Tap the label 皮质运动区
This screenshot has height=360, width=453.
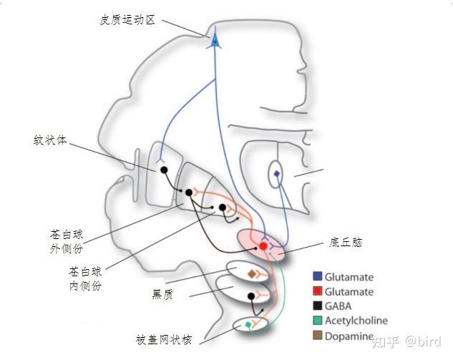point(127,19)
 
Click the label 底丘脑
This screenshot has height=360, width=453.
point(346,243)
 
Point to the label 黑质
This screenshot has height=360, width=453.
point(162,293)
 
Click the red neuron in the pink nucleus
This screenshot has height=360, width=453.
point(263,246)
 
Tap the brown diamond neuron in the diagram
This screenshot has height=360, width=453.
point(251,274)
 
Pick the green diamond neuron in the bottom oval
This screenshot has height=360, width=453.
point(248,326)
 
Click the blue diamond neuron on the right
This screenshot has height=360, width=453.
point(276,174)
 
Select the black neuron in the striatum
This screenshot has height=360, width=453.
point(163,170)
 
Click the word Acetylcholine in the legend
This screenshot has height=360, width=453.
point(356,321)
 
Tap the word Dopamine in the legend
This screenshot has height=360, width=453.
point(349,336)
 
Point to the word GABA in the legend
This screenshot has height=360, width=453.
point(338,306)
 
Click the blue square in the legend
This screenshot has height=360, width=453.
point(316,276)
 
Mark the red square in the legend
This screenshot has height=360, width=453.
point(316,291)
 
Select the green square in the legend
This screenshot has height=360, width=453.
point(316,321)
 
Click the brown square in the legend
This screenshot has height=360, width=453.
point(316,336)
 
